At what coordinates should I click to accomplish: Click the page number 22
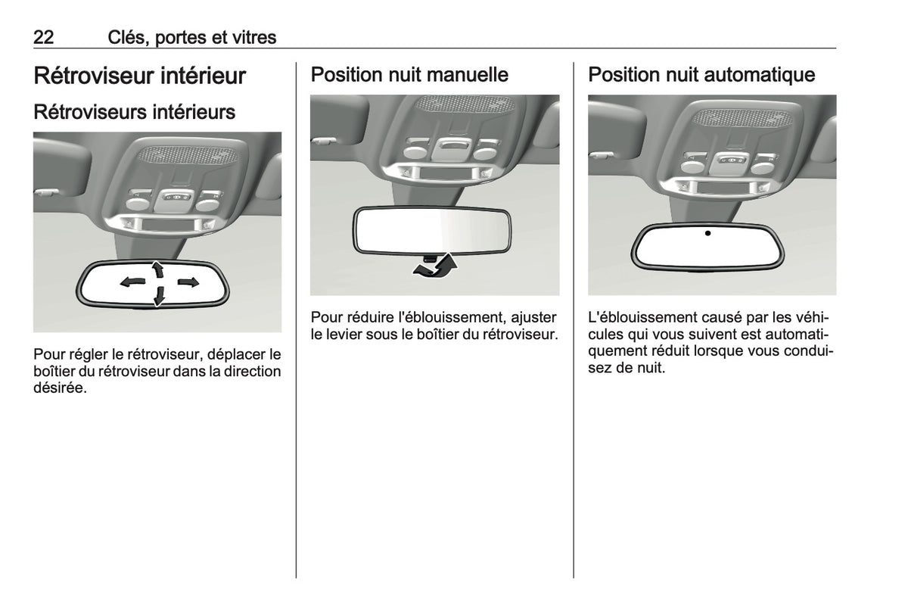point(43,37)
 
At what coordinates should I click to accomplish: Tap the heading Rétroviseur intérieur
point(139,76)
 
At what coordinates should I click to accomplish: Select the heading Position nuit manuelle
point(409,75)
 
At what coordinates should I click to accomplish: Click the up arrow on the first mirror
point(157,269)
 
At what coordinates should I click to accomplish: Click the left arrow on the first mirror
point(132,282)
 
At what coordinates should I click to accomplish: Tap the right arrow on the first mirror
point(188,282)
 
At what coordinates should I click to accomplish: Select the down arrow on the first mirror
point(160,296)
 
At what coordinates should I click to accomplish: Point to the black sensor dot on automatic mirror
point(707,233)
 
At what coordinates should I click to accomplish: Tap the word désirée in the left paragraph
point(60,388)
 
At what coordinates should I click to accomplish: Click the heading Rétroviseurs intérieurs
point(134,112)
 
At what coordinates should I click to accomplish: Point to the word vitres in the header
point(254,38)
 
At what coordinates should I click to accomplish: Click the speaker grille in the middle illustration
point(465,104)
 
